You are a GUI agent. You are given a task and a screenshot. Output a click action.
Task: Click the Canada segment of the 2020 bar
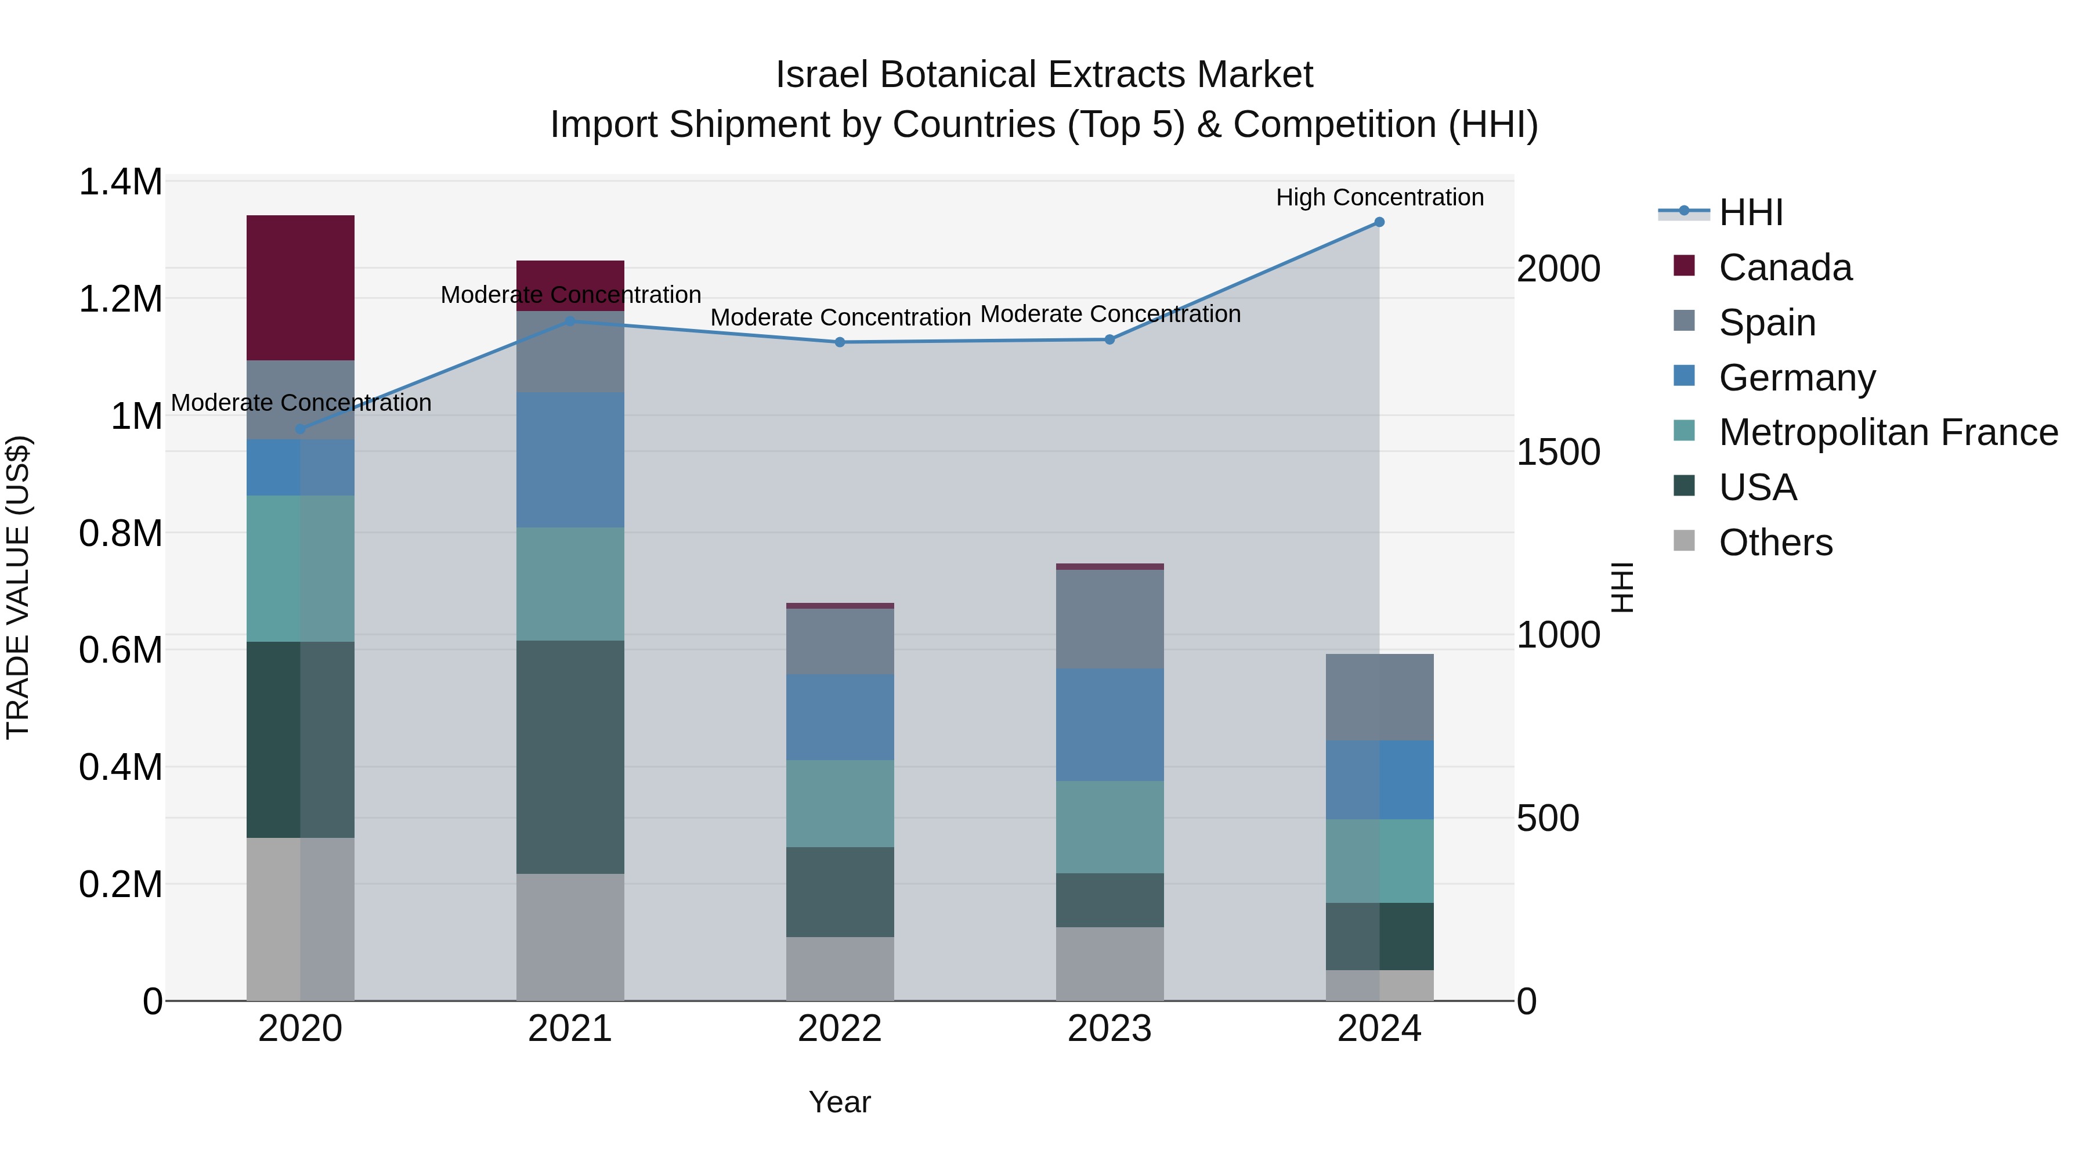[300, 287]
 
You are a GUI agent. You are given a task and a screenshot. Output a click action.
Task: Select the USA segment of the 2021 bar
[570, 757]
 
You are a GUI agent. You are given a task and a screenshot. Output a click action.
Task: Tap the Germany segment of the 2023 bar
[1109, 724]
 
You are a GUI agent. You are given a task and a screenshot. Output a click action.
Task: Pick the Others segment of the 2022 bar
[840, 968]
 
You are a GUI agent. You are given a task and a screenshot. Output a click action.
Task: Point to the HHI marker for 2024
[1379, 222]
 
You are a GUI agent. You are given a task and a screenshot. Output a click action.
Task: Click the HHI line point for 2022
[840, 342]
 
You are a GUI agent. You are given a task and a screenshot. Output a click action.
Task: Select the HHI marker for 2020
[300, 429]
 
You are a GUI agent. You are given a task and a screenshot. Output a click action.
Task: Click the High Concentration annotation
[1379, 197]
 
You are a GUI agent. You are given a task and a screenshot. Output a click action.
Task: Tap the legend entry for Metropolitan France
[1888, 432]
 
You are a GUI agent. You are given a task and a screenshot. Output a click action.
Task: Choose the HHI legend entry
[1750, 212]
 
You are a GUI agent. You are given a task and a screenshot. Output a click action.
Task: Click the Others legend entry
[1775, 543]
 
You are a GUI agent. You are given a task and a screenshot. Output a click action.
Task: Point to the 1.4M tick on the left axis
[120, 182]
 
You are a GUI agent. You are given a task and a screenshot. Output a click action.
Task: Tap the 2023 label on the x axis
[1109, 1029]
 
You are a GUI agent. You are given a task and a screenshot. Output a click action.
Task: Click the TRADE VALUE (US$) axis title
[18, 587]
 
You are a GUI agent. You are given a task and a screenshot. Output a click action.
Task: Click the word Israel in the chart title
[822, 75]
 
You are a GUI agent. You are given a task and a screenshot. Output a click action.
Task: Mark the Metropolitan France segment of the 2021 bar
[570, 584]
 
